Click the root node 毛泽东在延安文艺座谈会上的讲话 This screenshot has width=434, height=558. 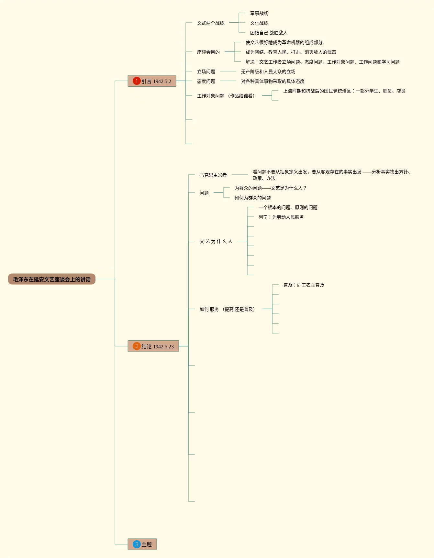tap(52, 279)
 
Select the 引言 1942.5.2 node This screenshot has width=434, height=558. tap(152, 81)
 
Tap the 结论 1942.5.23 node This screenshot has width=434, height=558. tap(153, 346)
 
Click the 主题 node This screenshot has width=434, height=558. tap(142, 544)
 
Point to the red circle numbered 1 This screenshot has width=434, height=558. tap(137, 81)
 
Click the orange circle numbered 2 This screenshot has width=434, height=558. tap(137, 346)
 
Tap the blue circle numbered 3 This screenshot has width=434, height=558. tap(137, 544)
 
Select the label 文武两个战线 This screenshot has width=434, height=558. tap(210, 23)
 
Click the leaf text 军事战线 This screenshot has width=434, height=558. tap(259, 13)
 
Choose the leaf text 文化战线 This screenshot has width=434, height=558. tap(259, 23)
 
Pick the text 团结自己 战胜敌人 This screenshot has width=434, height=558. tap(269, 33)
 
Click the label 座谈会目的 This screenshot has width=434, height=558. tap(208, 52)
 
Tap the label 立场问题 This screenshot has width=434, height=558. tap(206, 71)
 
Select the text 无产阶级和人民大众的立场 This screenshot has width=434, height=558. tap(268, 71)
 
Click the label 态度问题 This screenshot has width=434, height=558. tap(206, 81)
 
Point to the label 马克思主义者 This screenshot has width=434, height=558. tap(213, 175)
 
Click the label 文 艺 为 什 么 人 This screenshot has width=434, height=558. tap(216, 241)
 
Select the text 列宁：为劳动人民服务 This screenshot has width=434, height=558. tap(281, 217)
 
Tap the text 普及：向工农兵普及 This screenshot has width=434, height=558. tap(304, 285)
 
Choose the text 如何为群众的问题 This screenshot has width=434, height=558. tap(252, 198)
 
